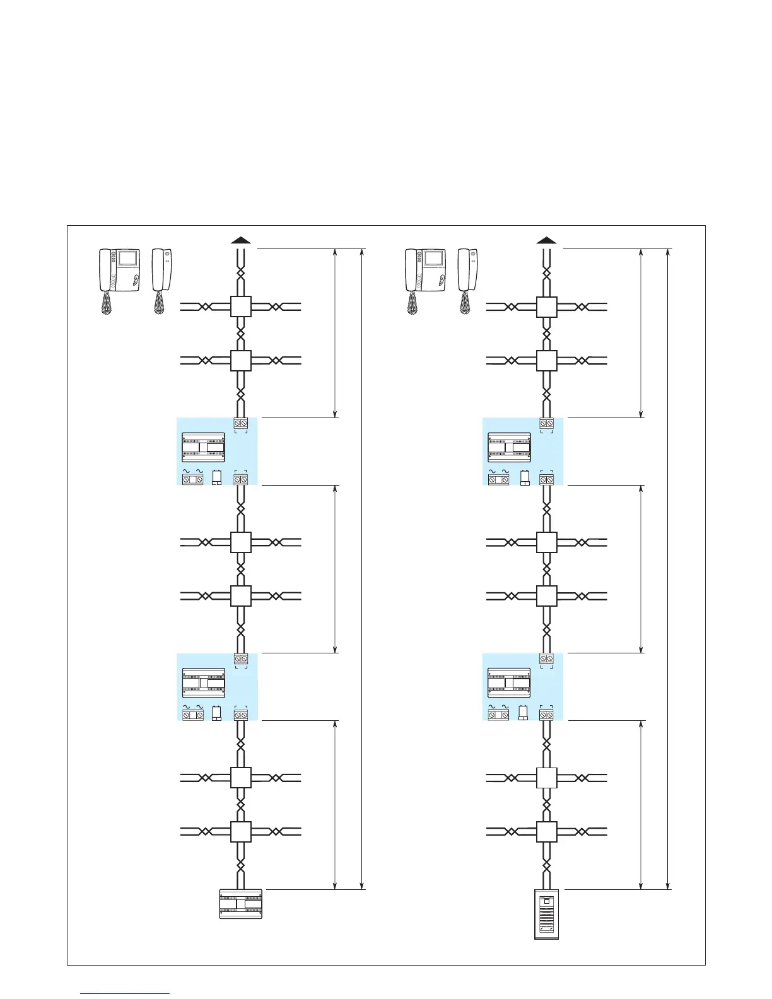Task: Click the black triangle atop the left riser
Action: [241, 240]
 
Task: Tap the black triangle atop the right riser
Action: [546, 240]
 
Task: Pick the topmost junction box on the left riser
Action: [241, 307]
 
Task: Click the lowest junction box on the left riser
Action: [241, 832]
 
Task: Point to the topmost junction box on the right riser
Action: [546, 307]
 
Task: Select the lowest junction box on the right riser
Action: [546, 832]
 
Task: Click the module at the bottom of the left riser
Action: [240, 904]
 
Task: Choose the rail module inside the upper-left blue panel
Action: [204, 447]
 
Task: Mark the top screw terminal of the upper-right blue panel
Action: [546, 423]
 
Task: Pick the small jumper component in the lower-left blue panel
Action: [216, 713]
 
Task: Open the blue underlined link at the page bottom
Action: [126, 993]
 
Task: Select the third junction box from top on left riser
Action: [241, 542]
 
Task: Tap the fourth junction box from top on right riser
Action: [546, 596]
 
